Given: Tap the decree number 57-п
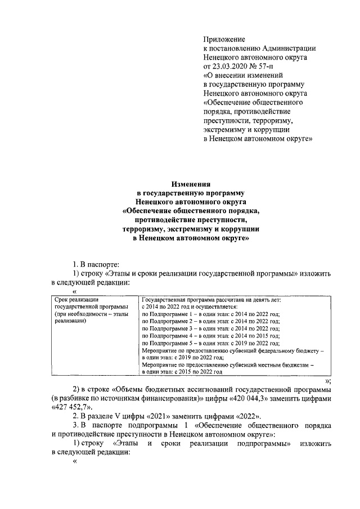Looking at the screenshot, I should [x=263, y=66].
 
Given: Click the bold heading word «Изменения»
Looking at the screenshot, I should [x=191, y=183].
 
